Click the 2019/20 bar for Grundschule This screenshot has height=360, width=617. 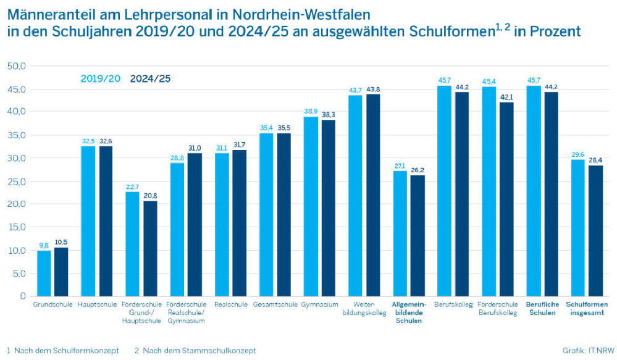click(x=44, y=273)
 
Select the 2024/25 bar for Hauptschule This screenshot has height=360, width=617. click(x=106, y=221)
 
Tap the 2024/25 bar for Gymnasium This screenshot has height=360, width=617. click(x=327, y=208)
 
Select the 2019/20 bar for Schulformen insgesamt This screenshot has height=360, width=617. click(x=578, y=228)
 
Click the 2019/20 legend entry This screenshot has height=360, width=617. click(x=100, y=78)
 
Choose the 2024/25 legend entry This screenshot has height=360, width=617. click(x=149, y=78)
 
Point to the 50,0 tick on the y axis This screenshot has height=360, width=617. click(x=15, y=66)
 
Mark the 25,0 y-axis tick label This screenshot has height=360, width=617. click(x=15, y=181)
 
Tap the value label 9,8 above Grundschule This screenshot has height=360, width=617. click(x=44, y=245)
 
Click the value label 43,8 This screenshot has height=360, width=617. click(x=373, y=90)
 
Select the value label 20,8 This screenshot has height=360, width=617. click(x=150, y=196)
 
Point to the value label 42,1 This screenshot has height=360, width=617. click(x=506, y=97)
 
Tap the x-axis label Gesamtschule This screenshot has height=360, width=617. click(x=275, y=304)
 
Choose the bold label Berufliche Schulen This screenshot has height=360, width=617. click(x=542, y=308)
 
